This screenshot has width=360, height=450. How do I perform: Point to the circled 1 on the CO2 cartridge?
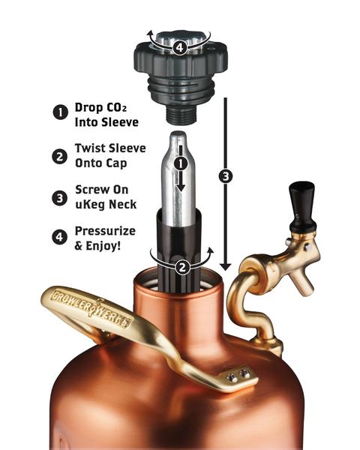[x=178, y=162]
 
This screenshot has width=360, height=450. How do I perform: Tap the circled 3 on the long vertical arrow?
[x=223, y=178]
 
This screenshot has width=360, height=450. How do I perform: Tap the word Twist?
[x=91, y=148]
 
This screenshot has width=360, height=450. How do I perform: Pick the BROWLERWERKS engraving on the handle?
[x=90, y=307]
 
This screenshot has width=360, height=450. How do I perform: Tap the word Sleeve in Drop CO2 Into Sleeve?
[x=118, y=120]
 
